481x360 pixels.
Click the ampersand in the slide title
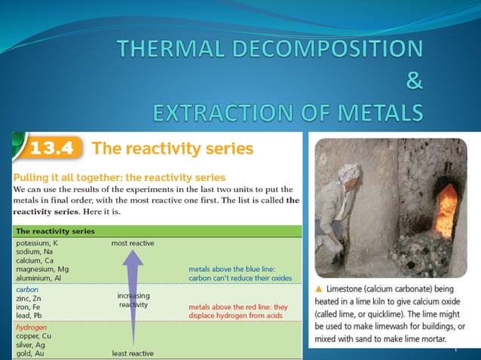pyautogui.click(x=414, y=81)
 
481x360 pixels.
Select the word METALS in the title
pyautogui.click(x=381, y=113)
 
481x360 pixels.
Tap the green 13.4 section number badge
pyautogui.click(x=52, y=148)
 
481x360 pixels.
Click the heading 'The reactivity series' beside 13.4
pyautogui.click(x=173, y=148)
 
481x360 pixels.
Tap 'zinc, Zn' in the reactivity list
pyautogui.click(x=30, y=297)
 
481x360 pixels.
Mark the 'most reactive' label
pyautogui.click(x=133, y=243)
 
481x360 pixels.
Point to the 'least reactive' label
pyautogui.click(x=133, y=353)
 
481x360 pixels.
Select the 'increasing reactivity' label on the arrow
pyautogui.click(x=133, y=301)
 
